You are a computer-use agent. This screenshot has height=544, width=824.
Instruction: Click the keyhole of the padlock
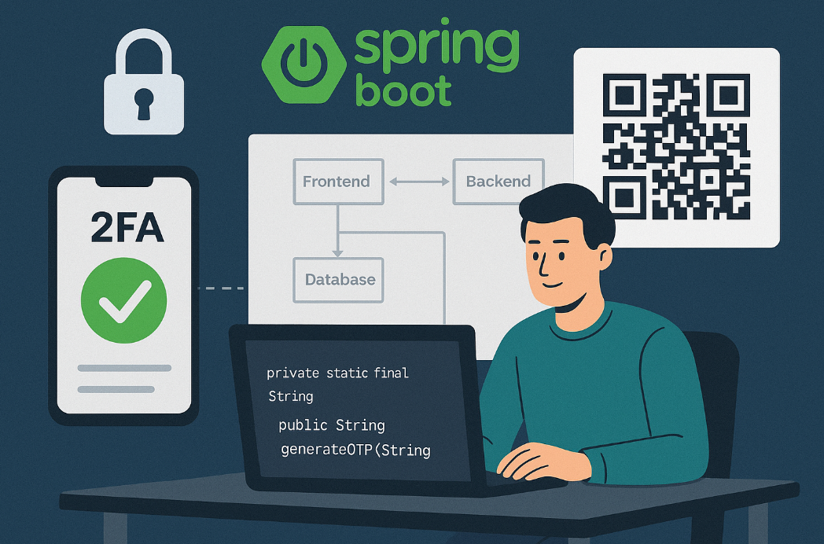[144, 102]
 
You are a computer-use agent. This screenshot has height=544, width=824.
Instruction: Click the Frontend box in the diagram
[337, 182]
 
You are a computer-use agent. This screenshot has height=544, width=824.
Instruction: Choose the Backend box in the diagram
[498, 182]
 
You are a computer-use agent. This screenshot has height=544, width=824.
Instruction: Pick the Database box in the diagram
[340, 280]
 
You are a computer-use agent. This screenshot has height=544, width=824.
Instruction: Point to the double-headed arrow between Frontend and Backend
[418, 182]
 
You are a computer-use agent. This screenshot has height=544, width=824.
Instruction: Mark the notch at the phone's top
[123, 182]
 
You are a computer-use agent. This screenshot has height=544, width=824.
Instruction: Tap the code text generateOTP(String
[355, 450]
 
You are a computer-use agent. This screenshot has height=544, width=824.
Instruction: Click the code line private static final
[337, 373]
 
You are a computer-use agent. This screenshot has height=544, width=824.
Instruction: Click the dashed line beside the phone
[221, 289]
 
